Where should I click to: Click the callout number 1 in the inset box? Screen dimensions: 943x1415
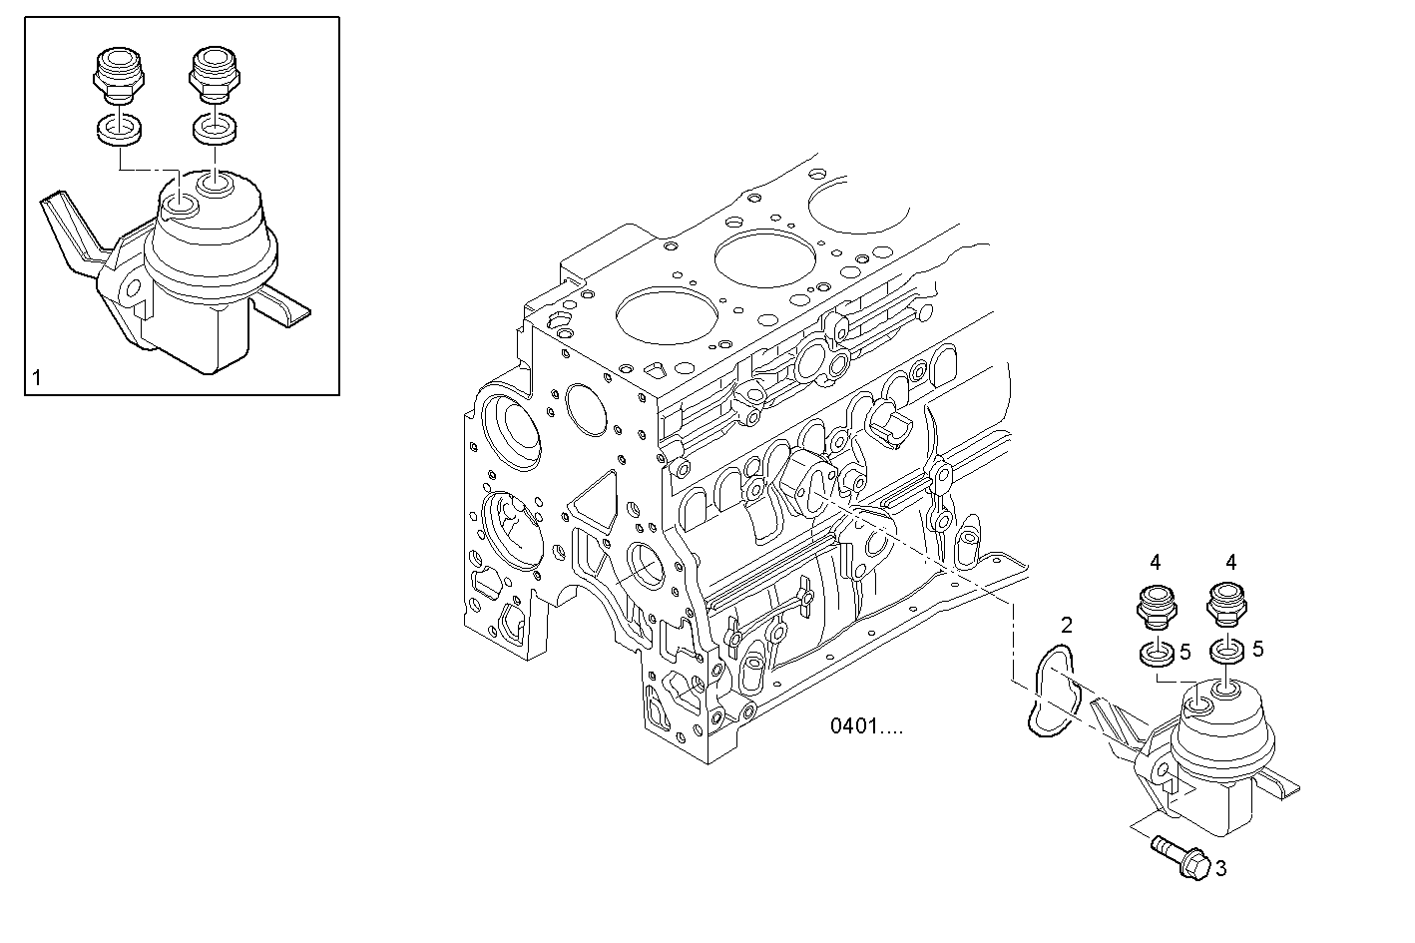(x=37, y=377)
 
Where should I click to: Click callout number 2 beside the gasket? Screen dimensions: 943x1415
(x=1067, y=626)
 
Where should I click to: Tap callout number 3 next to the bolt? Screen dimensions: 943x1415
(x=1219, y=869)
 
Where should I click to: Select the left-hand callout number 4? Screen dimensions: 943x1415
(x=1156, y=563)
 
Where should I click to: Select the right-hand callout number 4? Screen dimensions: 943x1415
(x=1230, y=563)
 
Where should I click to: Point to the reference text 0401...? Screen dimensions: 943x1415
(x=866, y=726)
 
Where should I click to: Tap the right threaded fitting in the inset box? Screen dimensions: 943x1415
(x=214, y=73)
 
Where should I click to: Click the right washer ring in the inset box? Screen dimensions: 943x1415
(x=215, y=130)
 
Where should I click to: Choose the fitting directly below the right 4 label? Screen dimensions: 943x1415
(x=1226, y=605)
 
